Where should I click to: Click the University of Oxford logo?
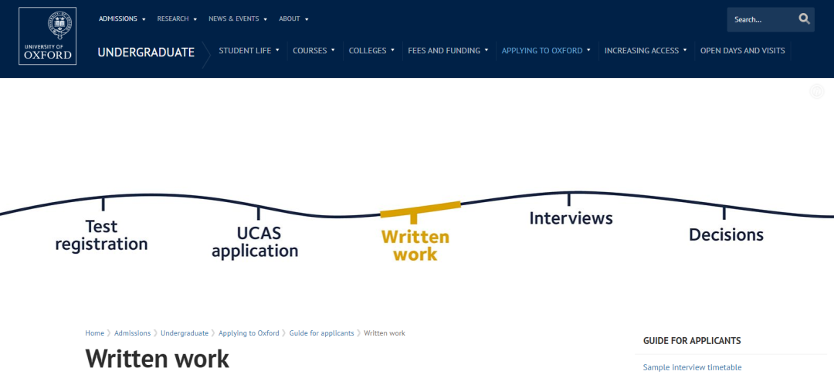click(x=48, y=36)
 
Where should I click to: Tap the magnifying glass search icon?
click(x=804, y=19)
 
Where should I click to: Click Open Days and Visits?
click(x=742, y=51)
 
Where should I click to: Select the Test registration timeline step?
click(x=101, y=235)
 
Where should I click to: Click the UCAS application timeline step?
click(x=255, y=242)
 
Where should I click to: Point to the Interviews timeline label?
click(x=571, y=218)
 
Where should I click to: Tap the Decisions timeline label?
click(x=726, y=235)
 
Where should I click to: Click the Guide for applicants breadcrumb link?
click(x=321, y=333)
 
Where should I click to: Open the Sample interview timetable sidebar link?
click(x=692, y=367)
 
